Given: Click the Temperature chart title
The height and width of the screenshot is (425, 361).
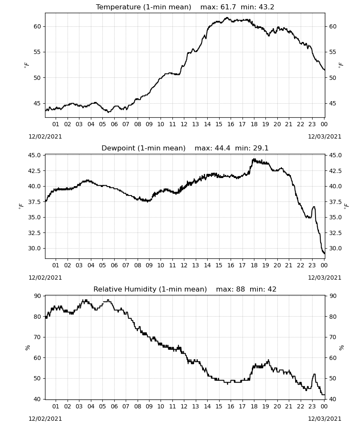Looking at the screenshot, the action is click(x=185, y=7).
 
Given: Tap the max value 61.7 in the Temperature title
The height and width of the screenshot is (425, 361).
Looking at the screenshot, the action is click(x=228, y=7).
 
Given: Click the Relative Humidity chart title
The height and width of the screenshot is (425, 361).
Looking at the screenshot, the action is click(x=185, y=289).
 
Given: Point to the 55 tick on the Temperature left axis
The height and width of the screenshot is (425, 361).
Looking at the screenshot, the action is click(x=37, y=52).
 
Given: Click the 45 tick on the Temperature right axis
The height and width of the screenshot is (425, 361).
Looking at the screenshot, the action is click(x=333, y=103).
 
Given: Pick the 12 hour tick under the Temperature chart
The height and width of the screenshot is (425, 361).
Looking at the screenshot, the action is click(x=184, y=124).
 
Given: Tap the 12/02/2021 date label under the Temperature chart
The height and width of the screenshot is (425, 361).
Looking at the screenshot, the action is click(x=45, y=136).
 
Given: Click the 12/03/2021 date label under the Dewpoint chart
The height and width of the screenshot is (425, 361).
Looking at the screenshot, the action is click(x=324, y=278).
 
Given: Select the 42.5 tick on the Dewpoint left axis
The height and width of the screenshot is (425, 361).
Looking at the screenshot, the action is click(x=35, y=171).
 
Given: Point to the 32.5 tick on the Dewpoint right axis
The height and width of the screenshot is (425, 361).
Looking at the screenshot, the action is click(x=335, y=233).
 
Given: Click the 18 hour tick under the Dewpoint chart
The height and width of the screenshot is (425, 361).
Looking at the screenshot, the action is click(x=254, y=265).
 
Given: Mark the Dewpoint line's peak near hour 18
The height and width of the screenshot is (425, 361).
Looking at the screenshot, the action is click(x=254, y=159).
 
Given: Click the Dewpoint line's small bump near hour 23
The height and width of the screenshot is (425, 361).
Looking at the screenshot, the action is click(x=313, y=207).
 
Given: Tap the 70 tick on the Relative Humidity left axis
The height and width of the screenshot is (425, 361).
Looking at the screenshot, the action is click(x=37, y=337).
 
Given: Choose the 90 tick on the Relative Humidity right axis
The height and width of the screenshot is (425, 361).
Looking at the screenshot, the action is click(x=333, y=296).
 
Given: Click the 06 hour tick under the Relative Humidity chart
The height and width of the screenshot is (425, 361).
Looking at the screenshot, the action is click(x=114, y=407).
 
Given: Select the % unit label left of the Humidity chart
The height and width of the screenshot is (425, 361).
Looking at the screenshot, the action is click(x=27, y=348).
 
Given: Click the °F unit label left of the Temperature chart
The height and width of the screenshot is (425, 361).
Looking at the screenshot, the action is click(x=26, y=65).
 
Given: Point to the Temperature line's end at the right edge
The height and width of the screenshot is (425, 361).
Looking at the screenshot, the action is click(x=325, y=70).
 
